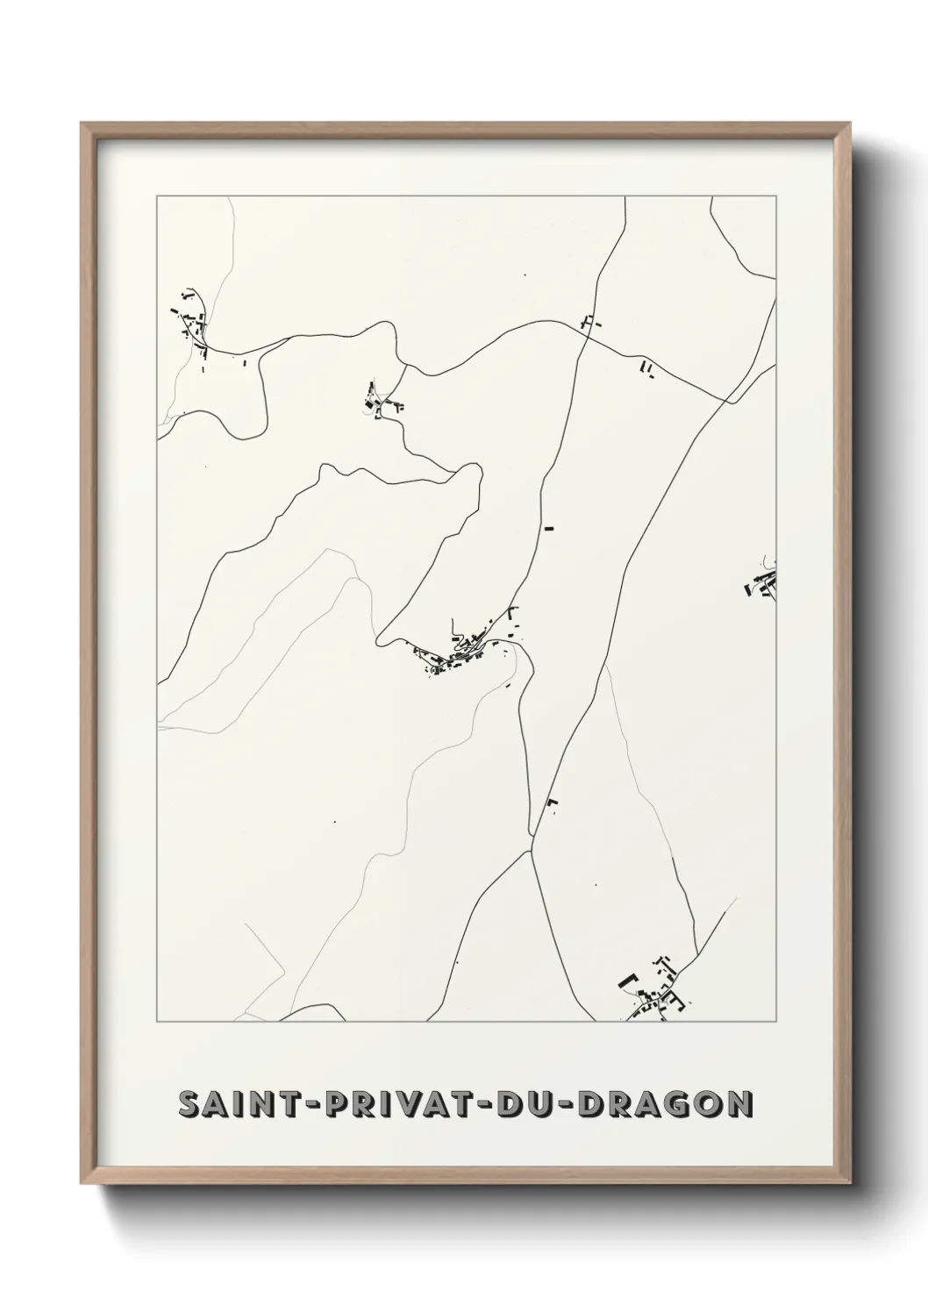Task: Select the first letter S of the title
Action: click(189, 1104)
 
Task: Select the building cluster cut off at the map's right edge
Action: click(763, 584)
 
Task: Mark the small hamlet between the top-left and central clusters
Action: click(383, 403)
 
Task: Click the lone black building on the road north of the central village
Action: click(550, 528)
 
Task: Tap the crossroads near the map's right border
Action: click(729, 401)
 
